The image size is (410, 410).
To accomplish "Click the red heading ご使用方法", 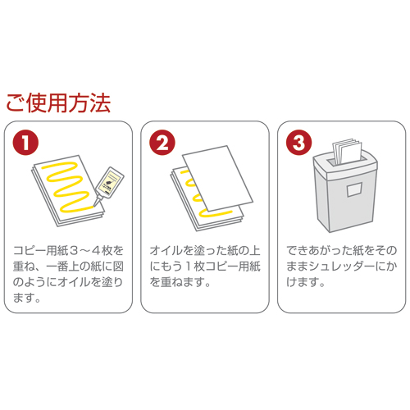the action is [58, 102].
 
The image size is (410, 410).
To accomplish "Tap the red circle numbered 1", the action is [25, 143].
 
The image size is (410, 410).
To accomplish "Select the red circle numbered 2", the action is [162, 143].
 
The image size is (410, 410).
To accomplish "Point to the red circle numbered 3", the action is [298, 143].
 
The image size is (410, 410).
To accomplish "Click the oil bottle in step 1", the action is [109, 185].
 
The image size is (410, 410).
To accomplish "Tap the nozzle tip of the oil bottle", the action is [94, 206].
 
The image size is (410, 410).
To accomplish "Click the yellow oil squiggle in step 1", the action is [66, 187].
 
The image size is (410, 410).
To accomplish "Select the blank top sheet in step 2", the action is [217, 179].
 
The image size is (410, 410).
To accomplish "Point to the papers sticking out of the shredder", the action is [348, 151].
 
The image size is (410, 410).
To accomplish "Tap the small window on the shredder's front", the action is [355, 189].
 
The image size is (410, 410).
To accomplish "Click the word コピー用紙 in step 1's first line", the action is [40, 251].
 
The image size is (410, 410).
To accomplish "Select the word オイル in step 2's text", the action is [166, 251].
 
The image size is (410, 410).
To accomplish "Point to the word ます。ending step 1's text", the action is [27, 298].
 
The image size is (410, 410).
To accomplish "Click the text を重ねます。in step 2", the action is [180, 282].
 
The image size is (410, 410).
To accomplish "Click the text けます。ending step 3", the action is [306, 282].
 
